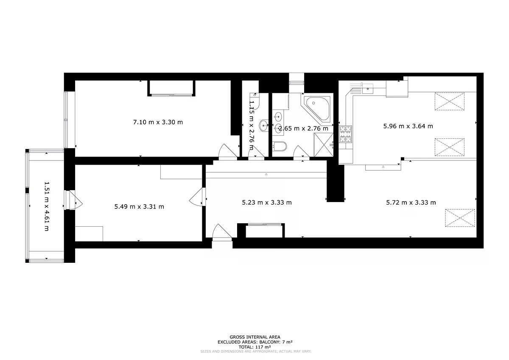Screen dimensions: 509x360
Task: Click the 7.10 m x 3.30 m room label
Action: coord(158,122)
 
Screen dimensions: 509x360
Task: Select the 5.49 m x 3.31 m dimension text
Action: coord(139,207)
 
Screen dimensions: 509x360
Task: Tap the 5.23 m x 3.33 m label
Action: coord(267,202)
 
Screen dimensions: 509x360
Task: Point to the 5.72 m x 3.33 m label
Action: coord(411,202)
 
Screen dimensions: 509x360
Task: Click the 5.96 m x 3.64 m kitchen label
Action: coord(408,126)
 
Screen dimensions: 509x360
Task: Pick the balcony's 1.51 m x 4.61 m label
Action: coord(47,206)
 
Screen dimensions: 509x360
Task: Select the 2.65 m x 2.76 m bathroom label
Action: coord(303,129)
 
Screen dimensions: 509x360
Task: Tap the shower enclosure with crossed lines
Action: coord(324,145)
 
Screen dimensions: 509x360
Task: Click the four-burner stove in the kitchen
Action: coord(345,134)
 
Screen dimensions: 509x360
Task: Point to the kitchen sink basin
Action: coord(367,89)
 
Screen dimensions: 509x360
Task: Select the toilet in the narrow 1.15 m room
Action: coord(255,101)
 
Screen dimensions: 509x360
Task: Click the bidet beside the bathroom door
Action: coord(280,146)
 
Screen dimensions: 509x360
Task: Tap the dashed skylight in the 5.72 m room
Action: coord(460,218)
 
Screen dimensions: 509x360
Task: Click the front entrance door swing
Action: coord(222,231)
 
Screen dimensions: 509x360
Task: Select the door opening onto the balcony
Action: coord(73,200)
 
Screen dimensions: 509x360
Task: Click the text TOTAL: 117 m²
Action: coord(255,347)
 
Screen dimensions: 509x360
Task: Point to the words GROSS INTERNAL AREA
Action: coord(255,337)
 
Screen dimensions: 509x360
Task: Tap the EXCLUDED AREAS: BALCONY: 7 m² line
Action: coord(255,342)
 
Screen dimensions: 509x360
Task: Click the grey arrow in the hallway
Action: coord(266,174)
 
